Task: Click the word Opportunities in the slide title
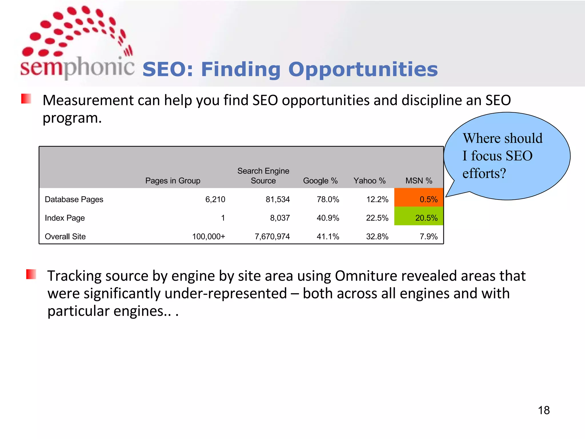363,69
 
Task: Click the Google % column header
320,181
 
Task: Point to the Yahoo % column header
369,181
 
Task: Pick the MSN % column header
419,181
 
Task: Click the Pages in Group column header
173,181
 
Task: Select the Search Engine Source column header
263,176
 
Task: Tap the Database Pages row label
74,199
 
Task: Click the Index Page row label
65,218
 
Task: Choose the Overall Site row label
65,236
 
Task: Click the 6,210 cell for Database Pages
215,199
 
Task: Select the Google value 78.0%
328,199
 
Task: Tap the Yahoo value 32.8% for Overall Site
377,236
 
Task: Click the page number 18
544,410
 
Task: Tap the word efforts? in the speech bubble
484,173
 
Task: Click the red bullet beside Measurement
26,99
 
